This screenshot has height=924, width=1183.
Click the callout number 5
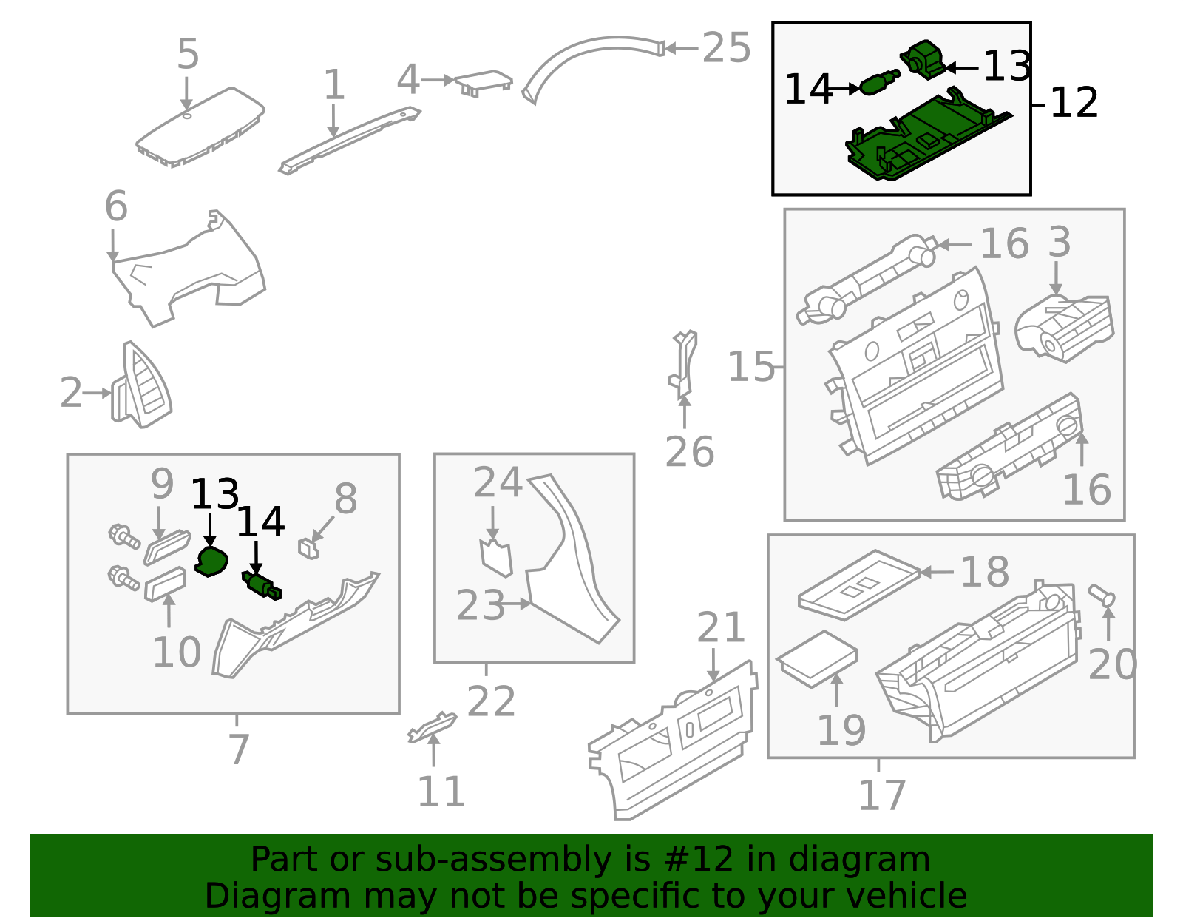[x=188, y=54]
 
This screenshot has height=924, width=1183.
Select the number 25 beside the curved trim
[x=726, y=48]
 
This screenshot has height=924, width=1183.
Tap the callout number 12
[x=1074, y=103]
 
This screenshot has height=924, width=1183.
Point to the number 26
[x=689, y=452]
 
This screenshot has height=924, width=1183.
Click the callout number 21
[x=721, y=627]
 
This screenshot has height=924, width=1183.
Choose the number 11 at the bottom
[x=441, y=791]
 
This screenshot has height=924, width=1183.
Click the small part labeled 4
[x=484, y=83]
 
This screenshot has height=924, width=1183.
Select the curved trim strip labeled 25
[x=592, y=68]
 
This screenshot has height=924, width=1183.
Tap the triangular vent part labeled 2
[x=141, y=385]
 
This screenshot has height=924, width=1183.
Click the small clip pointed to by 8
[x=308, y=548]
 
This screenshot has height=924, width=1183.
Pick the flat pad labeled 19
[x=816, y=659]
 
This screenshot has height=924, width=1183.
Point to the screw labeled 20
[x=1102, y=596]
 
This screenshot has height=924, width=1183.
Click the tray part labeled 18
[x=859, y=584]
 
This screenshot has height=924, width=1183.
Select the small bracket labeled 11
[x=433, y=727]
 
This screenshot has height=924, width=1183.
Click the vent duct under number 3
[x=1064, y=328]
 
